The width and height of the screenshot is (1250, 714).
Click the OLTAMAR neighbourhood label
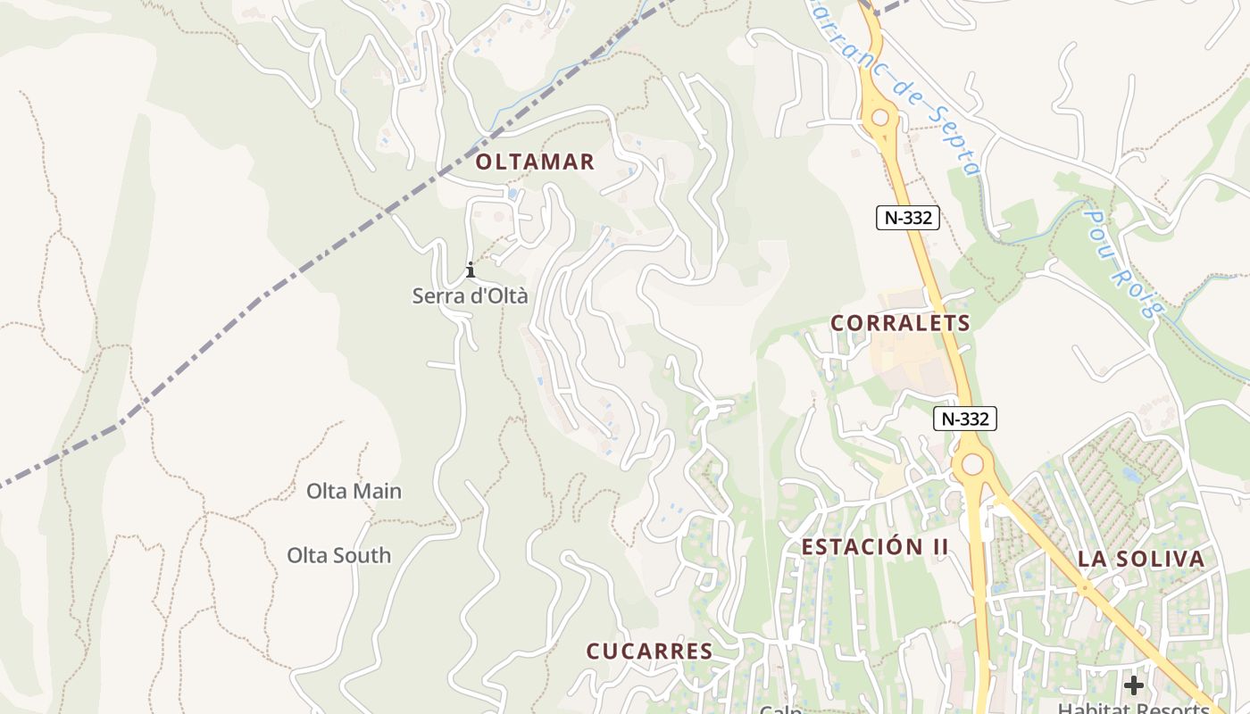pos(535,162)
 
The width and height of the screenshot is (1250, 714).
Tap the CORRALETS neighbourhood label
pos(900,323)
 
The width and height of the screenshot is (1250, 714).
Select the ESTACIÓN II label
pos(875,547)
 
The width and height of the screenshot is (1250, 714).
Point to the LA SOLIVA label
pos(1141,560)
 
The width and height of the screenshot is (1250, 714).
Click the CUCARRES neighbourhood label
pos(649,652)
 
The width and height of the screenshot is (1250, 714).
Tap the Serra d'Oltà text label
pos(470,296)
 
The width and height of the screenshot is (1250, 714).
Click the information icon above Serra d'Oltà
pos(471,270)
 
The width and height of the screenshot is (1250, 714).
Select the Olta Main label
pos(354,491)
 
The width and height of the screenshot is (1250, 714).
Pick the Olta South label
pos(338,555)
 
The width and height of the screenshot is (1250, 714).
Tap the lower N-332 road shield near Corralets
pos(965,419)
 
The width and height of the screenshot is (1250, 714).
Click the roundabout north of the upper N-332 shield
pos(880,117)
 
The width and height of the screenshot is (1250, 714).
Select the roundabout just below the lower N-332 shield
pos(972,464)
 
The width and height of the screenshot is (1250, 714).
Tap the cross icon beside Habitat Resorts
pos(1134,685)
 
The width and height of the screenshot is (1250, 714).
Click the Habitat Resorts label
pos(1134,707)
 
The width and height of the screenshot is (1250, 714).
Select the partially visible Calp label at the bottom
pos(780,709)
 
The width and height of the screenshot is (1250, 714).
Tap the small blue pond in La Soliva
pos(1132,476)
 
